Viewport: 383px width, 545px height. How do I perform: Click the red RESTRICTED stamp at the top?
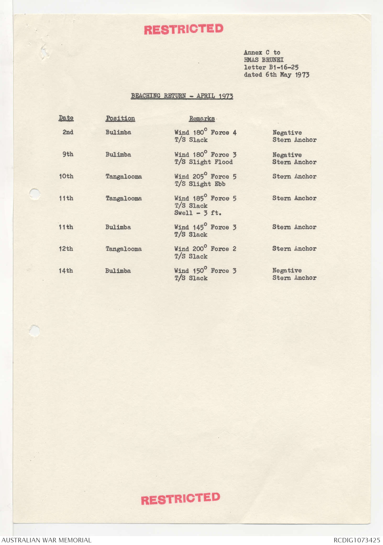tap(184, 29)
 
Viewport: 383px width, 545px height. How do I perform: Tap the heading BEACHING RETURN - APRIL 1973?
tap(182, 96)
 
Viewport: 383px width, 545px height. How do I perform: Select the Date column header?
tap(66, 118)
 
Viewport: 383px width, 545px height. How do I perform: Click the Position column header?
tap(120, 118)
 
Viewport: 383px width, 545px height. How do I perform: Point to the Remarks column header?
tap(202, 119)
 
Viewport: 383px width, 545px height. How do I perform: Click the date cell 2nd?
tap(68, 132)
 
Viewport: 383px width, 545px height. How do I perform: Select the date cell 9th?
tap(68, 154)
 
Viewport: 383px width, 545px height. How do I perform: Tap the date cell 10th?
tap(66, 176)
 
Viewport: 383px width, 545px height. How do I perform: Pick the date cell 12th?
tap(66, 249)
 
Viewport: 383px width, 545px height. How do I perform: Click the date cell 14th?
tap(66, 271)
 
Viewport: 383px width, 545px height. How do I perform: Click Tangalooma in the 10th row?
tap(124, 177)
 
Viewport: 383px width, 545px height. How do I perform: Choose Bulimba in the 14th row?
tap(118, 271)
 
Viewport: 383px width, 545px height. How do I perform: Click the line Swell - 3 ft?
tap(198, 213)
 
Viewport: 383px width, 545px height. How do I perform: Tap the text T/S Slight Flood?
tap(203, 162)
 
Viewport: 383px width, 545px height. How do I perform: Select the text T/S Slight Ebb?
tap(200, 184)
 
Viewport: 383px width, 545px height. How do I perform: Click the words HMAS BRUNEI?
tap(264, 60)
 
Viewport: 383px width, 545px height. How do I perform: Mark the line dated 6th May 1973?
tap(276, 75)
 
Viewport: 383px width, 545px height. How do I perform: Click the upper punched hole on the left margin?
tap(35, 194)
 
